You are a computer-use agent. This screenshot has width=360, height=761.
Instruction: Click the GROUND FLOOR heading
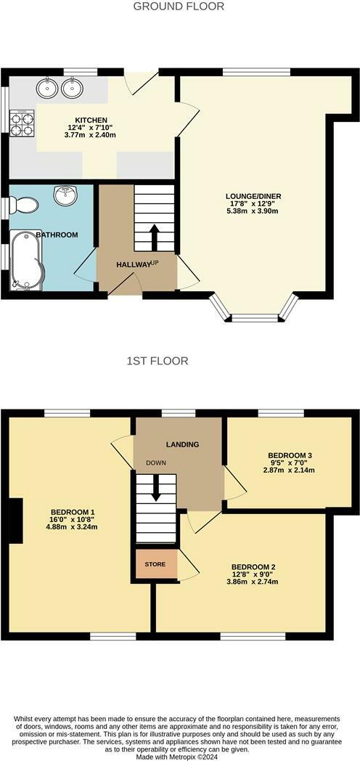click(179, 7)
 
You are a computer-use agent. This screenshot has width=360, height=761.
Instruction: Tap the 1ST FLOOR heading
click(157, 361)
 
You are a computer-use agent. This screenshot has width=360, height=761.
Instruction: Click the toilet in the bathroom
click(24, 205)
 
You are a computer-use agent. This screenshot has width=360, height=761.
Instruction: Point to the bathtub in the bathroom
click(27, 260)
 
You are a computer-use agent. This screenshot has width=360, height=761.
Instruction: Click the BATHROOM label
click(57, 235)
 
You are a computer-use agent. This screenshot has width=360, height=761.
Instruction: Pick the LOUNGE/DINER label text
click(253, 197)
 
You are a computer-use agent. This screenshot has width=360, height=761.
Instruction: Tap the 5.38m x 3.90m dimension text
click(253, 211)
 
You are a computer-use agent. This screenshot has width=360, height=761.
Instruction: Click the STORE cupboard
click(156, 564)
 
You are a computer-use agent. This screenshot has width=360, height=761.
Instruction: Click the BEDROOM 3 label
click(290, 455)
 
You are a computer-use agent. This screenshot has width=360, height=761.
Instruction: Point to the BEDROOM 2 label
click(254, 567)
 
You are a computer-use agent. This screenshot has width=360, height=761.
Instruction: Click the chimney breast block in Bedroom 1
click(16, 520)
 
